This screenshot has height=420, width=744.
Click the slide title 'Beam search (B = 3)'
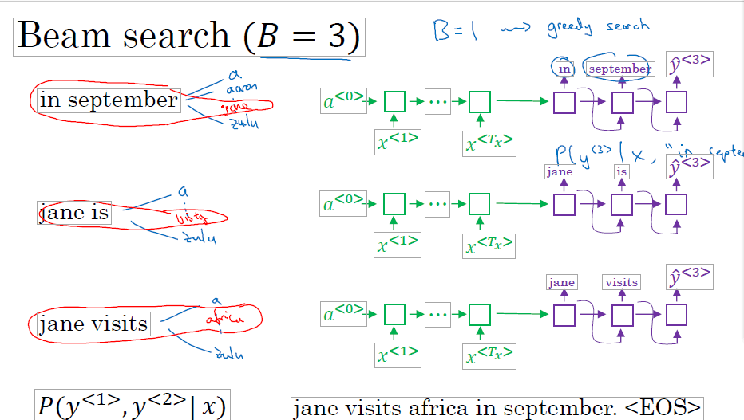[188, 37]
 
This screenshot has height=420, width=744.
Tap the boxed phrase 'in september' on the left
[109, 100]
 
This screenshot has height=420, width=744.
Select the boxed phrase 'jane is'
[74, 213]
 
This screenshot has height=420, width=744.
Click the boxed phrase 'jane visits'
[93, 324]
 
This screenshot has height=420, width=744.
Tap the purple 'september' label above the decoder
[619, 69]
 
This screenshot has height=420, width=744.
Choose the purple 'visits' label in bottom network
[621, 282]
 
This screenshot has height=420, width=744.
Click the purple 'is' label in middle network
[621, 171]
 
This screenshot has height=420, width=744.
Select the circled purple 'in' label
[564, 69]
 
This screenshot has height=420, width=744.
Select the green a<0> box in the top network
[343, 100]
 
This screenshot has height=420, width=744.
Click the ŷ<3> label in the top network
[690, 64]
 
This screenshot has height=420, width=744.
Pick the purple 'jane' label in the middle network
[560, 171]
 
